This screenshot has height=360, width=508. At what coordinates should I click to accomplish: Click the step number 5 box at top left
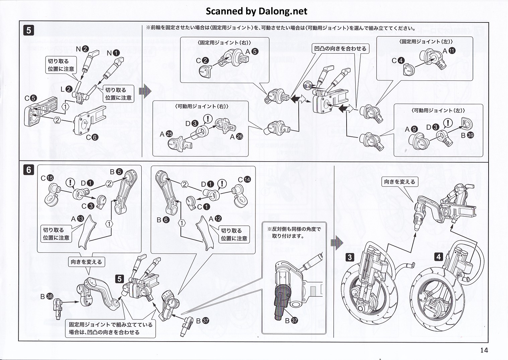pos(28,31)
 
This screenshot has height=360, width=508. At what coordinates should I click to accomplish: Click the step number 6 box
pos(28,170)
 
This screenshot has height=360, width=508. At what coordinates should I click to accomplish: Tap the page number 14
pos(484,350)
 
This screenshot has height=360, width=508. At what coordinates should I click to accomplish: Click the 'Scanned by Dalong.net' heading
pos(256,11)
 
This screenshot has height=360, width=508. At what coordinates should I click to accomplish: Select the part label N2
pos(82,49)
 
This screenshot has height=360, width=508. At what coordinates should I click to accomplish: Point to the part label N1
pos(113,53)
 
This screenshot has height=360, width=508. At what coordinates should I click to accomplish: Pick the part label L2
pos(66,89)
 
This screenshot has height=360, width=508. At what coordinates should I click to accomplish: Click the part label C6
pos(92,137)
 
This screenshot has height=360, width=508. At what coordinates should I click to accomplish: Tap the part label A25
pos(166,134)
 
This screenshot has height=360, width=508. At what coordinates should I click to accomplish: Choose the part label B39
pos(467,135)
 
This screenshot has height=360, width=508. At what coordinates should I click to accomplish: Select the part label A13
pos(77,219)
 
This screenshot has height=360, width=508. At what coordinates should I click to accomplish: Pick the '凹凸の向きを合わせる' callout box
pos(340,49)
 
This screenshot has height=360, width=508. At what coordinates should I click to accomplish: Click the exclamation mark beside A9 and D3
pos(448,124)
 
